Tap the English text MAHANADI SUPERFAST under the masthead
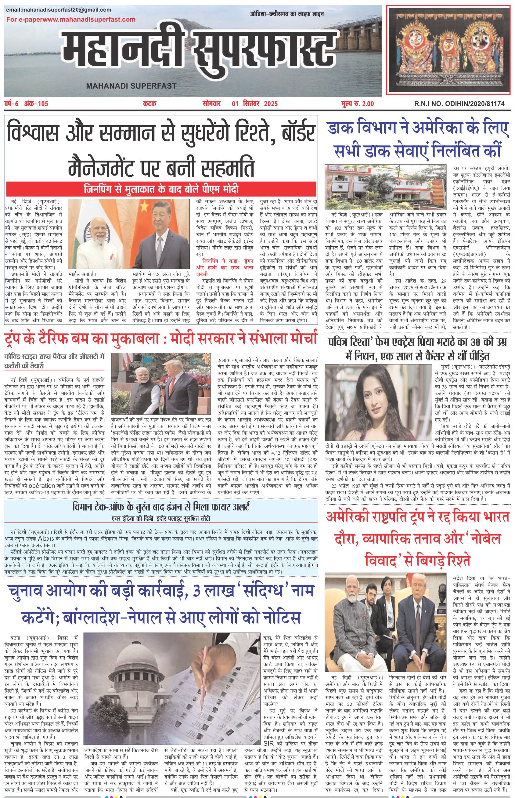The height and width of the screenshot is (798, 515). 131,86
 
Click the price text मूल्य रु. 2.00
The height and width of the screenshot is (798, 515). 358,104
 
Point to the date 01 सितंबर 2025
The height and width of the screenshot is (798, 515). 254,104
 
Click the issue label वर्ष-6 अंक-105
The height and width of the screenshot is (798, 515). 27,104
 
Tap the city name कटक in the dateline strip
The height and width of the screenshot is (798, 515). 149,104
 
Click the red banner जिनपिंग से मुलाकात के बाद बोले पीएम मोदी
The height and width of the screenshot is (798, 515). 161,189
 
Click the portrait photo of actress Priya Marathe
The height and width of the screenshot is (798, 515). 378,403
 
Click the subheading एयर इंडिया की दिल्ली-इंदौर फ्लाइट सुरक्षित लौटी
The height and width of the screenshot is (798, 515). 161,519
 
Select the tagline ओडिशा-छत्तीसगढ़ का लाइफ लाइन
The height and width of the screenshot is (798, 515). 286,14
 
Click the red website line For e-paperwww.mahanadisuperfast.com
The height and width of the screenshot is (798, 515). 71,20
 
